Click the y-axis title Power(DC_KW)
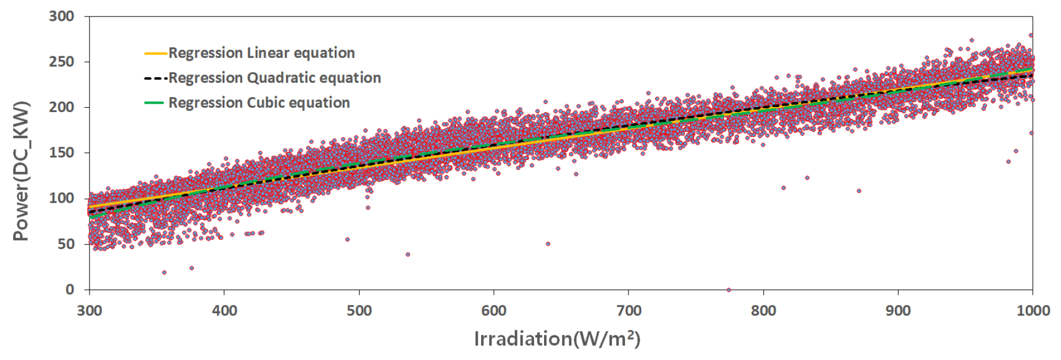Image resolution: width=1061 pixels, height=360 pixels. pyautogui.click(x=21, y=171)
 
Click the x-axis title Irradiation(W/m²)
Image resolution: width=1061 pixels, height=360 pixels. pyautogui.click(x=557, y=338)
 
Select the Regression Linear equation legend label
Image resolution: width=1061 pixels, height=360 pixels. pyautogui.click(x=261, y=53)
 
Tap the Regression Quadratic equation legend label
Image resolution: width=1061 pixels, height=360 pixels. pyautogui.click(x=275, y=78)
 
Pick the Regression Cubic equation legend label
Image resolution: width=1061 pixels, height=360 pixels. pyautogui.click(x=259, y=103)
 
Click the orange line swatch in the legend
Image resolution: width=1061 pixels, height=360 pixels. pyautogui.click(x=155, y=54)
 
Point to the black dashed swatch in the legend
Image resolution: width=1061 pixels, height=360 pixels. pyautogui.click(x=155, y=78)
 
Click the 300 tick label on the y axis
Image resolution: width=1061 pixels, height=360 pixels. pyautogui.click(x=61, y=17)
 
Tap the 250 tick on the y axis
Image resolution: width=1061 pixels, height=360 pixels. pyautogui.click(x=61, y=62)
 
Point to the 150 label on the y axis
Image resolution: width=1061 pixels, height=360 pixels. pyautogui.click(x=61, y=153)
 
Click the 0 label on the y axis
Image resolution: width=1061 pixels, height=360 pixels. pyautogui.click(x=70, y=289)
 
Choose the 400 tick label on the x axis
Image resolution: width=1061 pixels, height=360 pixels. pyautogui.click(x=224, y=310)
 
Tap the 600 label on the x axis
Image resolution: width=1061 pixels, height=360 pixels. pyautogui.click(x=494, y=310)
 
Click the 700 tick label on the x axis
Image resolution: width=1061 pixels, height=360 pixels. pyautogui.click(x=629, y=310)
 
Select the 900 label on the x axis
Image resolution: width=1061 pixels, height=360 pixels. pyautogui.click(x=898, y=310)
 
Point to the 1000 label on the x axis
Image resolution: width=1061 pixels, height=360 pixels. pyautogui.click(x=1033, y=310)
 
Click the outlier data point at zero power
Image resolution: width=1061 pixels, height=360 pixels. pyautogui.click(x=729, y=290)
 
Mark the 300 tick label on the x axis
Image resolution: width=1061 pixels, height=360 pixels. pyautogui.click(x=89, y=310)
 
